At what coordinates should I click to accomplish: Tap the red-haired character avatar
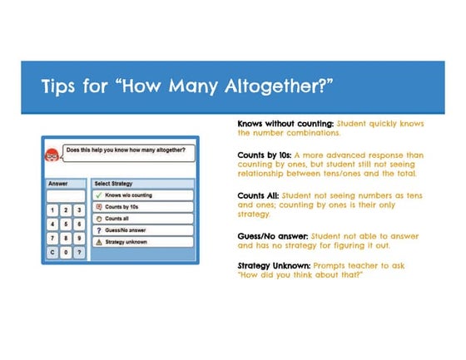point(52,155)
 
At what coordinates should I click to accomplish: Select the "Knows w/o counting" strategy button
point(143,195)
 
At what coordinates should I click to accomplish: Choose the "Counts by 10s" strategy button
point(143,206)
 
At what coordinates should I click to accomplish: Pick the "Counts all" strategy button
point(143,218)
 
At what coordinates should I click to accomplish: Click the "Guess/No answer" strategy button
point(143,229)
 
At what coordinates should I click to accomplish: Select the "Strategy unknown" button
point(143,241)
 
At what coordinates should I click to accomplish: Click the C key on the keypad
point(52,252)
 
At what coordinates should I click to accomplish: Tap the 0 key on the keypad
point(66,252)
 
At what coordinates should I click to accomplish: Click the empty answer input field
point(66,196)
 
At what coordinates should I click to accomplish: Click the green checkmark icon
point(99,195)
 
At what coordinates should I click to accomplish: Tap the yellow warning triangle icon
point(99,241)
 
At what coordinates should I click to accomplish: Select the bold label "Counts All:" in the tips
point(260,195)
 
